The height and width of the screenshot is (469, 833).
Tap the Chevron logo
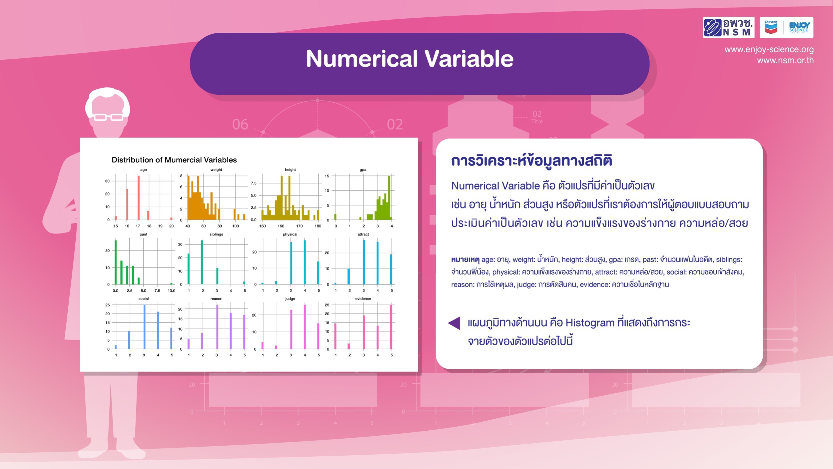(x=771, y=27)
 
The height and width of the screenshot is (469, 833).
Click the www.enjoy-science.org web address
(x=769, y=49)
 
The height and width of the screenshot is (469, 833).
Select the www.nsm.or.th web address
(x=785, y=60)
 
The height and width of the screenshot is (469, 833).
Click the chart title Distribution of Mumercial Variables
(x=174, y=160)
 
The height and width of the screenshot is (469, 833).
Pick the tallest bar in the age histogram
(x=139, y=197)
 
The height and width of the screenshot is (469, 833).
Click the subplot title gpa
(x=363, y=170)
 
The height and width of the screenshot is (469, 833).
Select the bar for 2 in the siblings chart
(x=202, y=262)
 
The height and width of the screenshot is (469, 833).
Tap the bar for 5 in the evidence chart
(x=391, y=327)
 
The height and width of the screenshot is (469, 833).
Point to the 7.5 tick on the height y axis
(x=254, y=183)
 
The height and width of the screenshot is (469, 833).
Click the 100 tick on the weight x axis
(x=236, y=226)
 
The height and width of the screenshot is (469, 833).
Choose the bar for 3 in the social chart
(x=144, y=327)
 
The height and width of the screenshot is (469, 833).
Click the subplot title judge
(x=290, y=299)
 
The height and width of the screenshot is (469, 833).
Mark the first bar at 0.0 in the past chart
(x=116, y=262)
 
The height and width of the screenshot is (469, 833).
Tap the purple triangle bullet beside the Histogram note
(x=454, y=323)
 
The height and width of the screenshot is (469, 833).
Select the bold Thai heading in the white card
(x=531, y=161)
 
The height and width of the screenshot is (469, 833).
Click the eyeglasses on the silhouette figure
(x=109, y=117)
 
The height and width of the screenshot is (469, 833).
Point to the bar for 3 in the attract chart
(x=364, y=262)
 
